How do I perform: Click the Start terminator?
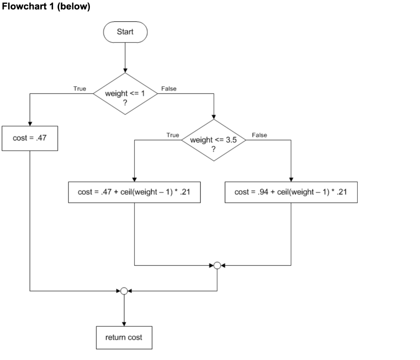(125, 32)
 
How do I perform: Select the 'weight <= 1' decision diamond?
(125, 93)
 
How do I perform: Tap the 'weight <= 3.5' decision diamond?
(213, 140)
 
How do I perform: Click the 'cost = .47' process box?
(30, 139)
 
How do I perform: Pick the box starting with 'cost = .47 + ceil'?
(135, 192)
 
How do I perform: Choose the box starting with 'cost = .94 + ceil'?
(291, 192)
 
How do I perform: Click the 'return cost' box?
(124, 337)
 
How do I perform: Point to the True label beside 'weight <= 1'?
(80, 89)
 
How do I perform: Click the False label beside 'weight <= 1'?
(169, 89)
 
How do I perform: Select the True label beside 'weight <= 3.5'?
(173, 134)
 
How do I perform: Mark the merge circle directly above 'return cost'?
(124, 291)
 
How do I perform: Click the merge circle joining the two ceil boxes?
(217, 265)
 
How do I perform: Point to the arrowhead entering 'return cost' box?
(124, 324)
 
